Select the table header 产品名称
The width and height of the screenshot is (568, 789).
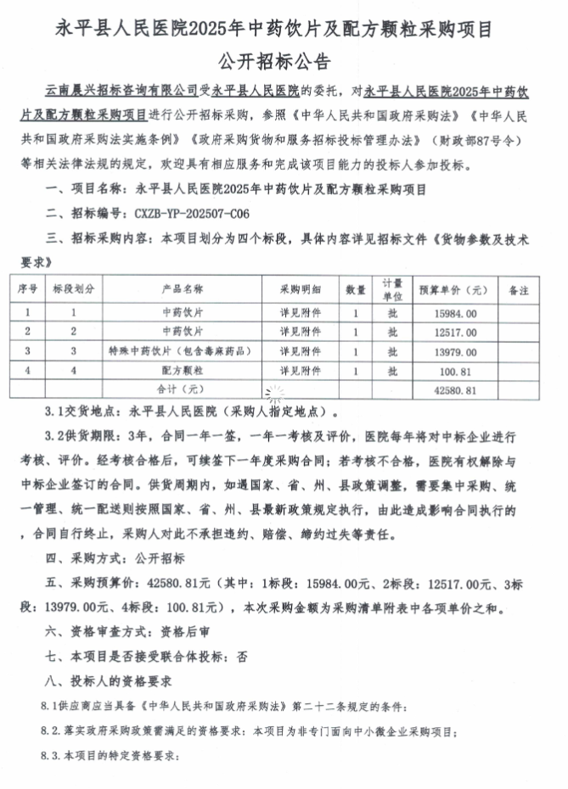[183, 289]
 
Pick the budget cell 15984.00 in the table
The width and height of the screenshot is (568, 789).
[454, 312]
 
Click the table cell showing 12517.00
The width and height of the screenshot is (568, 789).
[454, 331]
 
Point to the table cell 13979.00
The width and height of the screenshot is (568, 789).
[454, 350]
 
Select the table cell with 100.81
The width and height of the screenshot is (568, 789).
[454, 370]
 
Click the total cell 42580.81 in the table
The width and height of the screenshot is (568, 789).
[454, 389]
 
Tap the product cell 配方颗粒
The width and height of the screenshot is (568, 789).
[183, 370]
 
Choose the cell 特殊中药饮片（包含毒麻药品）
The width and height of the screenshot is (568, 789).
[183, 350]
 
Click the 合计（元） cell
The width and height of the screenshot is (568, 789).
[183, 389]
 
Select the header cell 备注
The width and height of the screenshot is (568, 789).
[518, 289]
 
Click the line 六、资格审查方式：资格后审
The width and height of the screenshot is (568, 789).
[121, 633]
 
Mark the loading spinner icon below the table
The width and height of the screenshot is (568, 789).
[275, 392]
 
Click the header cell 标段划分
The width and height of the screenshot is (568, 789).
[74, 289]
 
